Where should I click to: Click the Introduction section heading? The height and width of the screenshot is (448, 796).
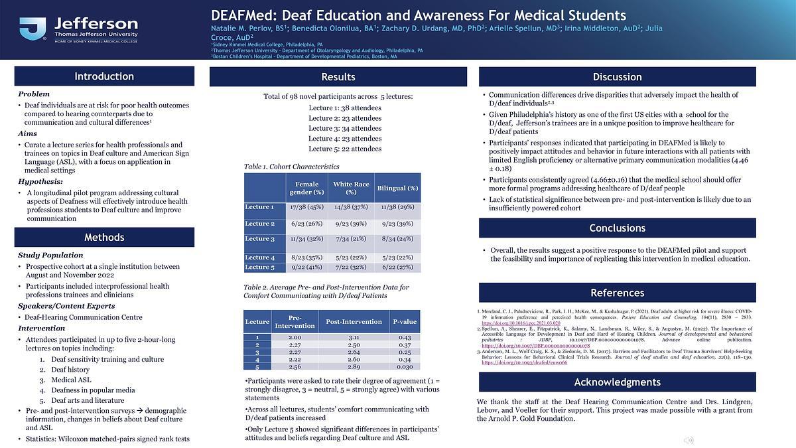coord(104,76)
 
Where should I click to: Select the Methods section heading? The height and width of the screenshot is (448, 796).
coord(104,238)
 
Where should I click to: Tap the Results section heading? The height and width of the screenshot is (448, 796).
coord(338,77)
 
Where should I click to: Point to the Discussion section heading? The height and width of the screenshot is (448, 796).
coord(617,77)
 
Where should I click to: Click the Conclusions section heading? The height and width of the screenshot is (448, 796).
coord(617,228)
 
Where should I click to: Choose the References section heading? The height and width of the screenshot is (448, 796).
coord(617,293)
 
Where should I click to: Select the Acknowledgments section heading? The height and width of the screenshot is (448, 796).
coord(617,382)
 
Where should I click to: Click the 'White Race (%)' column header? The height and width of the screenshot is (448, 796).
coord(352,188)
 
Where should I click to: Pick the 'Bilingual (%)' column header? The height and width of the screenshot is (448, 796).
coord(397,188)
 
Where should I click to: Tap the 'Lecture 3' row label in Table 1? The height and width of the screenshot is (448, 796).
coord(259,239)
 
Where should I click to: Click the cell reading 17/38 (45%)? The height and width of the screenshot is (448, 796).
coord(306,207)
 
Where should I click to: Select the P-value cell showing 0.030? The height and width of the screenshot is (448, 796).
coord(405,366)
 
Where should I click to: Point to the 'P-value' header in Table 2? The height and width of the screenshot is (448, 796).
coord(405,322)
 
